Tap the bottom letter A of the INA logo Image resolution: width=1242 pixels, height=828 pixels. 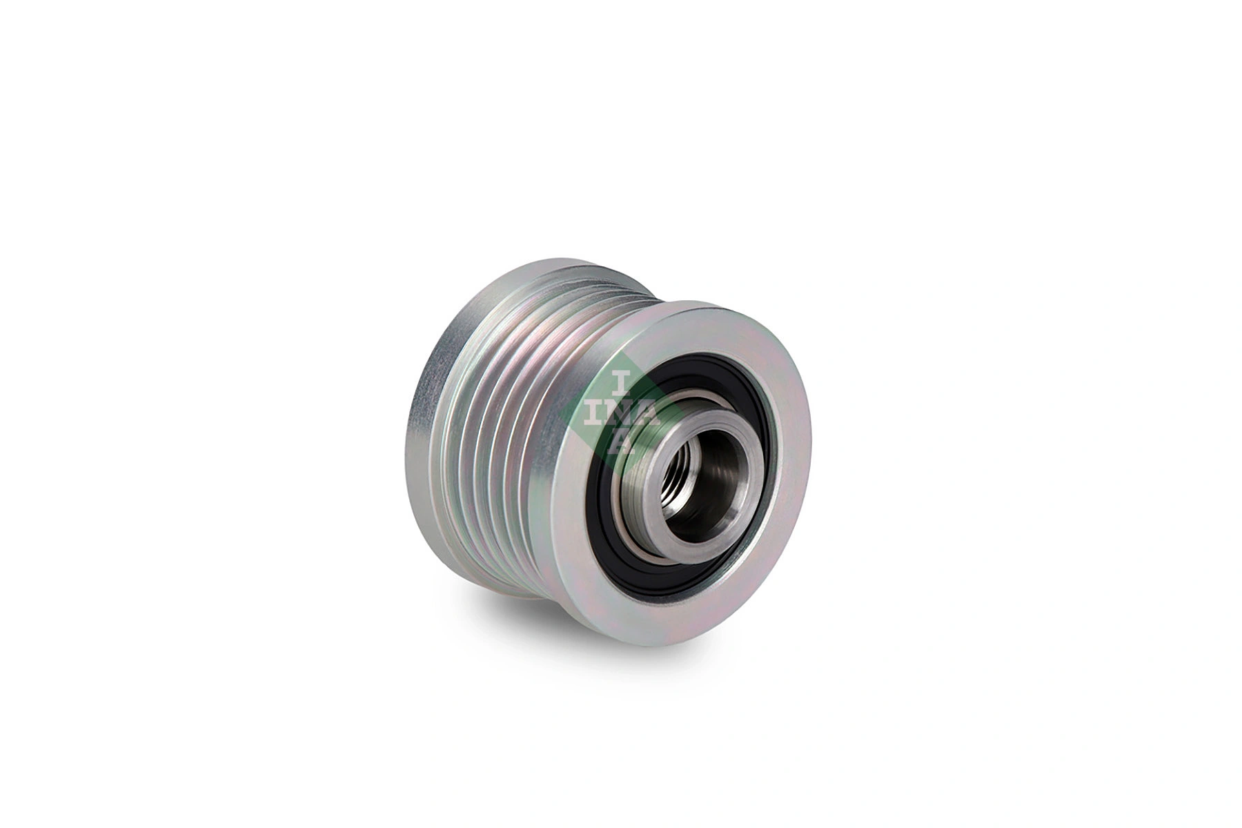click(622, 442)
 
